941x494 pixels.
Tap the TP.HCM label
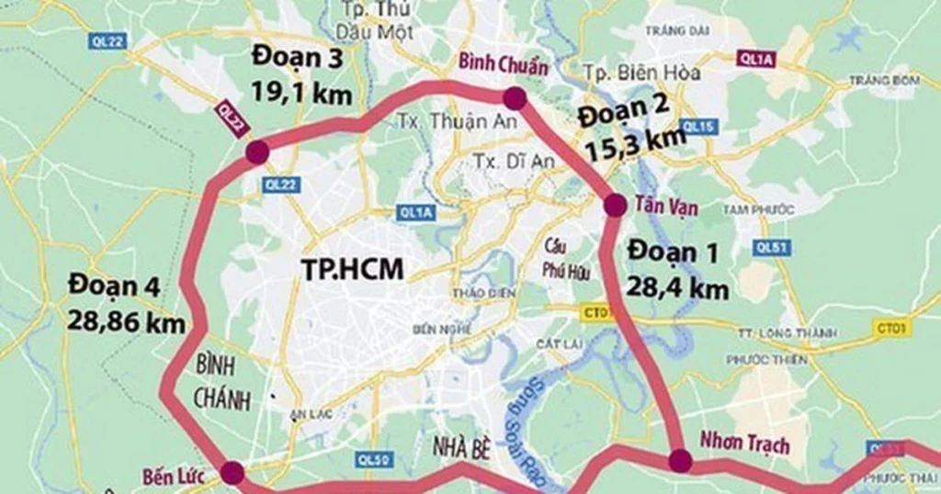353,268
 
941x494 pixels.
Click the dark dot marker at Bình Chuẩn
514,97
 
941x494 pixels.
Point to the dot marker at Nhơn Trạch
680,460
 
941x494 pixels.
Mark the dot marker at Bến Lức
232,473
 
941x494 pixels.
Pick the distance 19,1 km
302,94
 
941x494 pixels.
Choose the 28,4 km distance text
678,288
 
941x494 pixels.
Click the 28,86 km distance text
126,322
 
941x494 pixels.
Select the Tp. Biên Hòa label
642,73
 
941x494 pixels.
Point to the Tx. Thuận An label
448,121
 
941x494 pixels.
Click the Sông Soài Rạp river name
517,428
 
